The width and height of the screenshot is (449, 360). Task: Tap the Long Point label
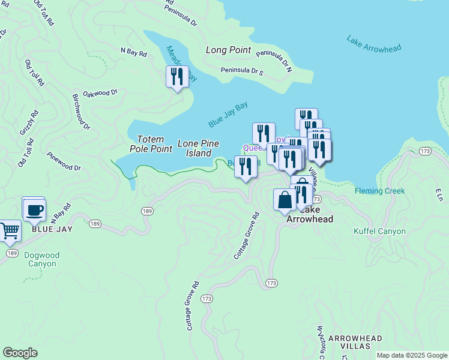tap(228, 50)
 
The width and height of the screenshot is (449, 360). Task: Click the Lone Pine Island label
tap(198, 148)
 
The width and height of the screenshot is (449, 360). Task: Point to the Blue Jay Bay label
tap(228, 114)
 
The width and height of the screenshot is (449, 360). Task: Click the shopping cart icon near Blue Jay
tap(8, 230)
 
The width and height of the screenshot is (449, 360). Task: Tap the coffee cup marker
tap(34, 209)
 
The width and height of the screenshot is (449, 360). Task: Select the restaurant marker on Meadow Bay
tap(177, 77)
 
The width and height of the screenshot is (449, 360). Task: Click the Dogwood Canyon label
tap(40, 259)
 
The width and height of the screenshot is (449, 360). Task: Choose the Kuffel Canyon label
tap(379, 231)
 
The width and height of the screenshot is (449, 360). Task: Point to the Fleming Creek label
tap(379, 191)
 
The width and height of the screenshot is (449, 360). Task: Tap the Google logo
tap(20, 353)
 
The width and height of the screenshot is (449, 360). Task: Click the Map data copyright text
tap(412, 355)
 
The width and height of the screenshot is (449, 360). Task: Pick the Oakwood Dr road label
tap(100, 93)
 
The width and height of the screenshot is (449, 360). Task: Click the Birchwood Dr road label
tap(80, 112)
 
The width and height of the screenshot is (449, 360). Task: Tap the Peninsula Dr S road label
tap(242, 71)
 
